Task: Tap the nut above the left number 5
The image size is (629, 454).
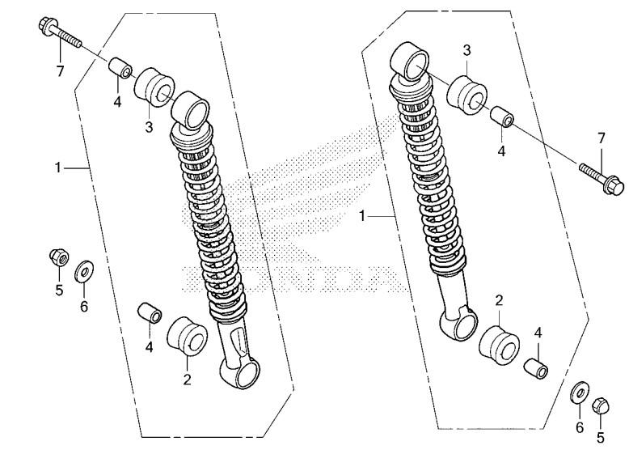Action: (x=59, y=257)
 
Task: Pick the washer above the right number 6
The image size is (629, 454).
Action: (x=580, y=392)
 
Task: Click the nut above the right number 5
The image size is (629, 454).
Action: (x=601, y=405)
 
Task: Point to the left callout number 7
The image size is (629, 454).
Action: (x=60, y=71)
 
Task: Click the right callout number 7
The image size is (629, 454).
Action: (x=602, y=139)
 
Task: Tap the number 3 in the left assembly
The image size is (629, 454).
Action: (x=150, y=128)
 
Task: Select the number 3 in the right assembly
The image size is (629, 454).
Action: (x=467, y=50)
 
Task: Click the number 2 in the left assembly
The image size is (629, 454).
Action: (x=188, y=380)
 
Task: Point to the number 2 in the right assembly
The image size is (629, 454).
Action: (x=499, y=301)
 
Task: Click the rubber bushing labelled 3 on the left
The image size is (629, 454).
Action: (x=154, y=87)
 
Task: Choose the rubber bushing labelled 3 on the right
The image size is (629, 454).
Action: (x=467, y=96)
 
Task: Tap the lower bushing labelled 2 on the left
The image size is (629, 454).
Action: (x=187, y=336)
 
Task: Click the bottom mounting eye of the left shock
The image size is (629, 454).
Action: (x=241, y=372)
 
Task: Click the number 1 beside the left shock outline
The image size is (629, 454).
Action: (x=58, y=168)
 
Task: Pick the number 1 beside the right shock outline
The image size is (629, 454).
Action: (x=362, y=216)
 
